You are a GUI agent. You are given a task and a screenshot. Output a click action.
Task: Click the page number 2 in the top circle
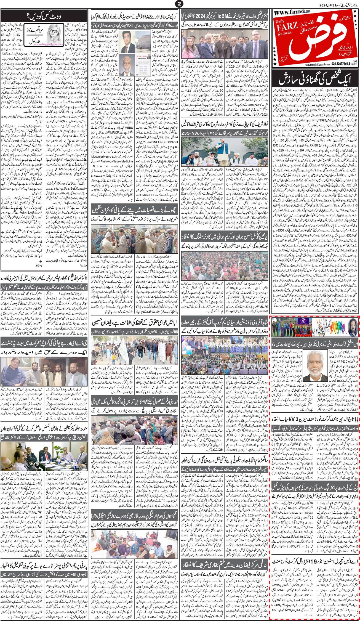[x=180, y=4]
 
